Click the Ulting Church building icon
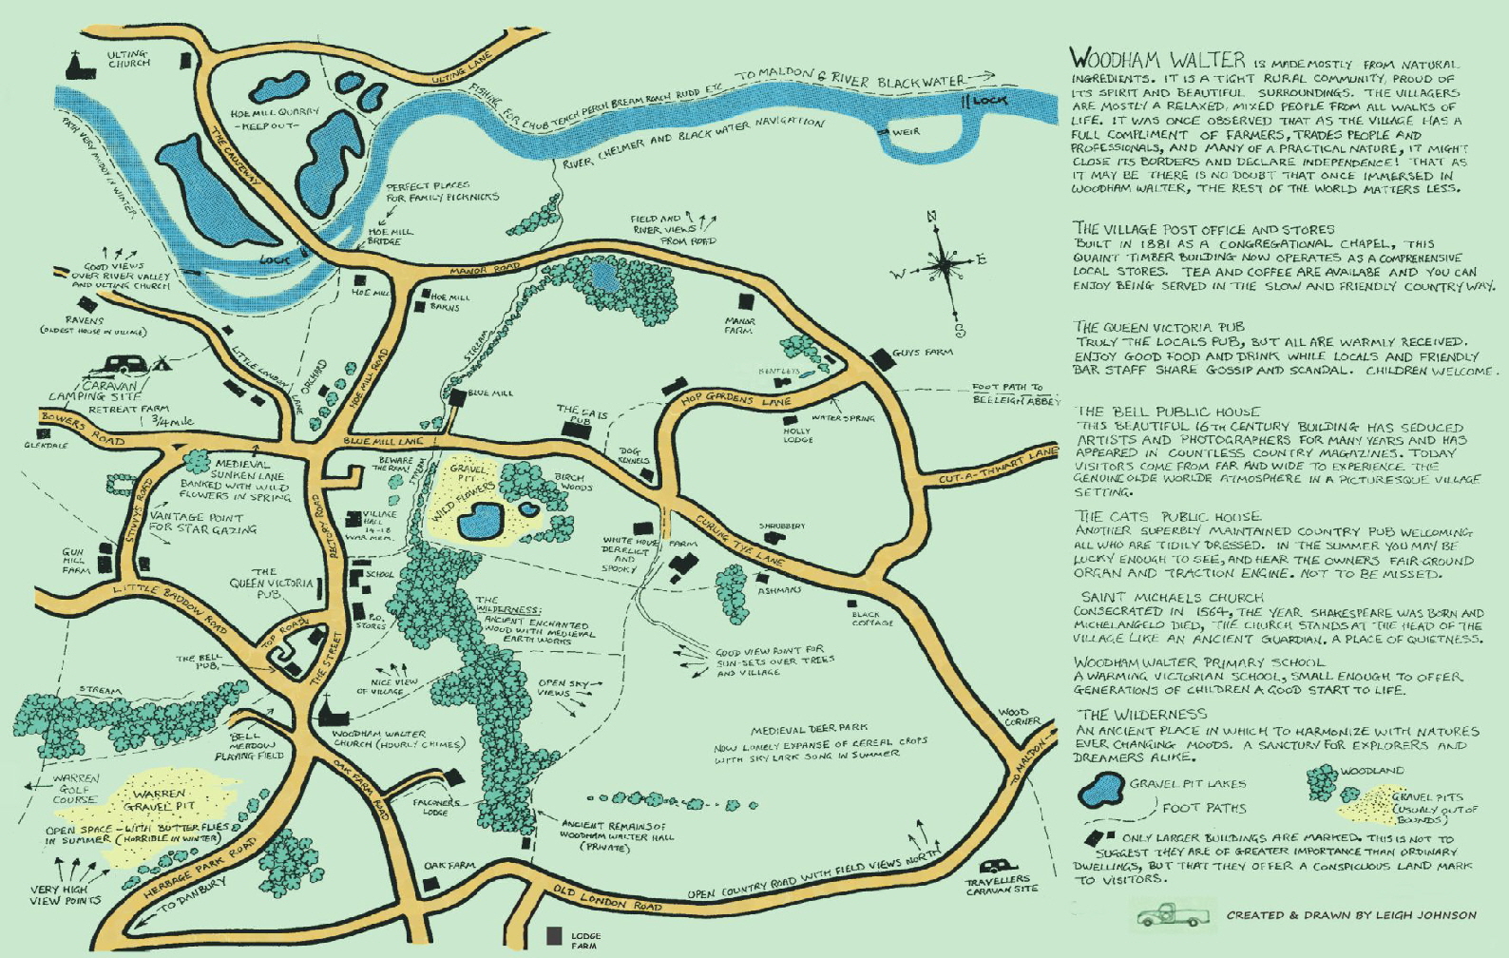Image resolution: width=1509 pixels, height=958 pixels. pos(75,66)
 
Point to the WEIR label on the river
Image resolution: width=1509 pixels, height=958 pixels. pos(905,132)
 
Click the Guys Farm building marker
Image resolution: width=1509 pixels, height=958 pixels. pos(881,358)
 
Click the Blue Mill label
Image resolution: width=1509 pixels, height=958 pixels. pos(490,393)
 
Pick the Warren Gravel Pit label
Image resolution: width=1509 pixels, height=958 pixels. pos(159,799)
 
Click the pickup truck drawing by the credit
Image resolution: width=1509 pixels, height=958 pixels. pos(1173,915)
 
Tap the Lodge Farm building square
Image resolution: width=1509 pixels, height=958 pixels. pos(554,936)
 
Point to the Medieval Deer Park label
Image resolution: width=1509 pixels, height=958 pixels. pos(808,730)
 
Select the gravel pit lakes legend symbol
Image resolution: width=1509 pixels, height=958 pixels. pos(1100,788)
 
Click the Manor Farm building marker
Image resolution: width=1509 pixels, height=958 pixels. pos(746,302)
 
